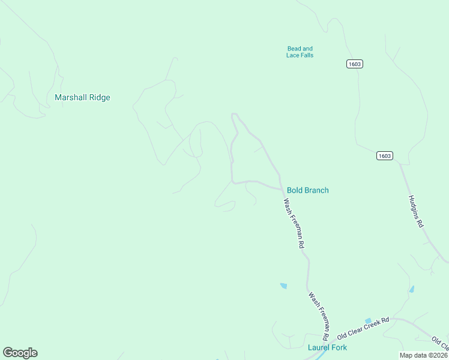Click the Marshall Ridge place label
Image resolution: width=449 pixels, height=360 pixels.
pyautogui.click(x=82, y=97)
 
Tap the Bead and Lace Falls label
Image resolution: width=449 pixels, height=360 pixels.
pyautogui.click(x=300, y=52)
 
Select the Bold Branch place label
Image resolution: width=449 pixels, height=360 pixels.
pyautogui.click(x=307, y=190)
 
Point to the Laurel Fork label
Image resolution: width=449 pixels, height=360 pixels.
pyautogui.click(x=327, y=347)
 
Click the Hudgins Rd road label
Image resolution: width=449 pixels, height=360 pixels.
pyautogui.click(x=416, y=211)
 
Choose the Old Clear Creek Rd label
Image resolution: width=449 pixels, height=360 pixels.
pyautogui.click(x=363, y=328)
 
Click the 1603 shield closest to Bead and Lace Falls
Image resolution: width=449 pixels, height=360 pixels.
pyautogui.click(x=355, y=64)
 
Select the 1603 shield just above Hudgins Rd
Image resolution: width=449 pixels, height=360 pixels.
pyautogui.click(x=385, y=156)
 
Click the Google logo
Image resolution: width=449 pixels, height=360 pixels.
pyautogui.click(x=20, y=353)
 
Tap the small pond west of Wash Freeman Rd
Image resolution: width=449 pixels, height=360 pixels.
pyautogui.click(x=283, y=286)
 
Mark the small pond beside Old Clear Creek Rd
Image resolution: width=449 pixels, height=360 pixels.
pyautogui.click(x=369, y=321)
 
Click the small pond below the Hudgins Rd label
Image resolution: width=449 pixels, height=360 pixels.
pyautogui.click(x=411, y=289)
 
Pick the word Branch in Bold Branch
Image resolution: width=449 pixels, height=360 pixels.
pyautogui.click(x=316, y=190)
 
